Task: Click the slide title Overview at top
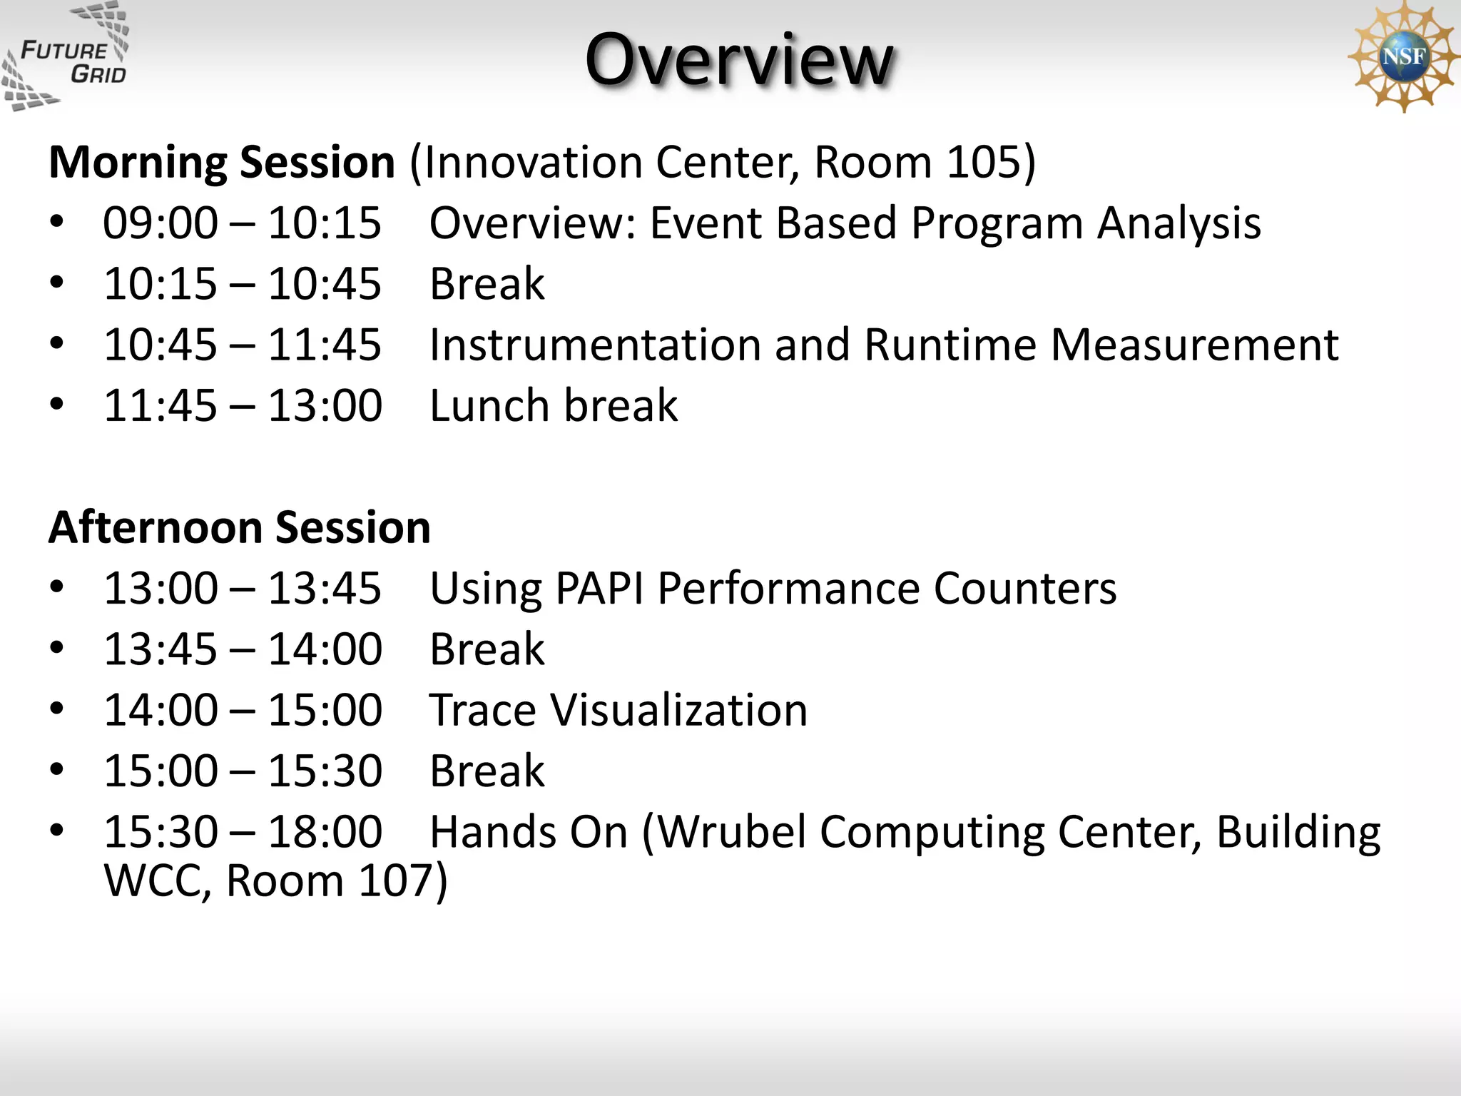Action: pyautogui.click(x=738, y=60)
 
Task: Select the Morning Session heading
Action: pyautogui.click(x=222, y=163)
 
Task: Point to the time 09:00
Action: pyautogui.click(x=161, y=223)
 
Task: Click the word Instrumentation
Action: pyautogui.click(x=595, y=345)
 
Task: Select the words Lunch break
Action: pyautogui.click(x=554, y=406)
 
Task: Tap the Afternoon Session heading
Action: pyautogui.click(x=240, y=528)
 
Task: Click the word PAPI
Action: pyautogui.click(x=599, y=589)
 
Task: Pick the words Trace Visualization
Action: pyautogui.click(x=618, y=711)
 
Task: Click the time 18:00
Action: pyautogui.click(x=325, y=832)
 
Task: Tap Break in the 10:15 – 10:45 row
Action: pyautogui.click(x=487, y=285)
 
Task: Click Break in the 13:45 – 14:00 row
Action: pyautogui.click(x=487, y=650)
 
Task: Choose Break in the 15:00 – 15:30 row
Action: pyautogui.click(x=487, y=771)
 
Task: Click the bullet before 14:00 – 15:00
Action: pyautogui.click(x=57, y=709)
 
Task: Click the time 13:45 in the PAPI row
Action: pyautogui.click(x=325, y=589)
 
